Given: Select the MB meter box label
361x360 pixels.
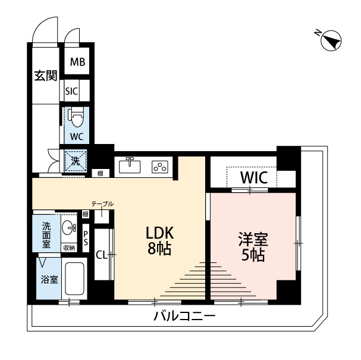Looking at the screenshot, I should (x=77, y=62).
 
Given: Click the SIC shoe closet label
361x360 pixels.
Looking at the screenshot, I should (x=72, y=91).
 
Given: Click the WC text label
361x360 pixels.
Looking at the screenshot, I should (x=77, y=136).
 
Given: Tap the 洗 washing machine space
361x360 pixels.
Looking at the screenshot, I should (x=76, y=161).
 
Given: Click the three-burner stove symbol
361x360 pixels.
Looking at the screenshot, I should (x=161, y=167).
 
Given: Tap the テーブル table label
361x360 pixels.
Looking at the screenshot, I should (x=102, y=204).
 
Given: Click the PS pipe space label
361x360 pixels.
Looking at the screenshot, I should (x=86, y=238).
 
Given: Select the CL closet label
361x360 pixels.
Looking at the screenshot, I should (x=101, y=255).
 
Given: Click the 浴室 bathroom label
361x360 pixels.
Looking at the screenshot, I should (x=49, y=279).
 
